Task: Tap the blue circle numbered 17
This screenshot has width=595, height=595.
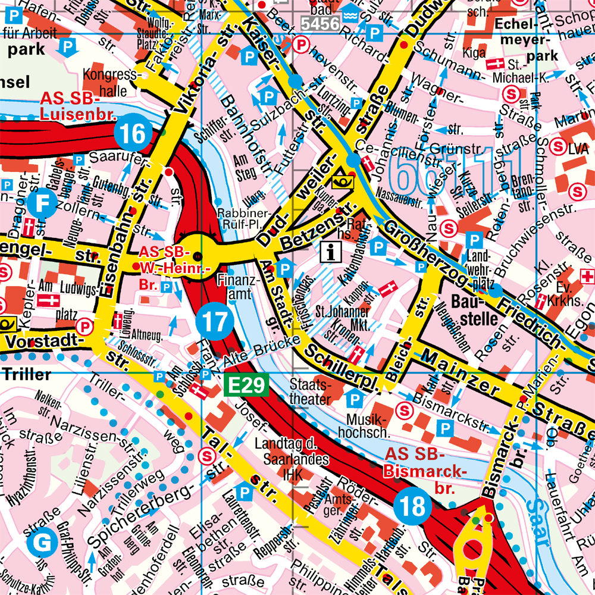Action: click(213, 321)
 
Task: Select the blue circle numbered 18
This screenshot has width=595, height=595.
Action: click(412, 507)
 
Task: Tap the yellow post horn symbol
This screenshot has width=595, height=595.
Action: click(343, 178)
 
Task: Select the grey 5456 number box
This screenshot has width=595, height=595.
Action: click(319, 24)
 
